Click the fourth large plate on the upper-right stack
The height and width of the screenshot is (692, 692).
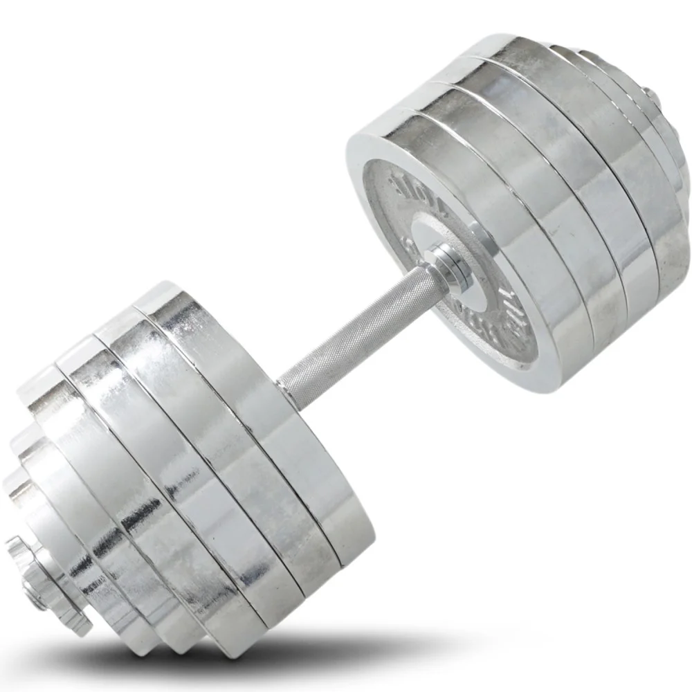tap(609, 125)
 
